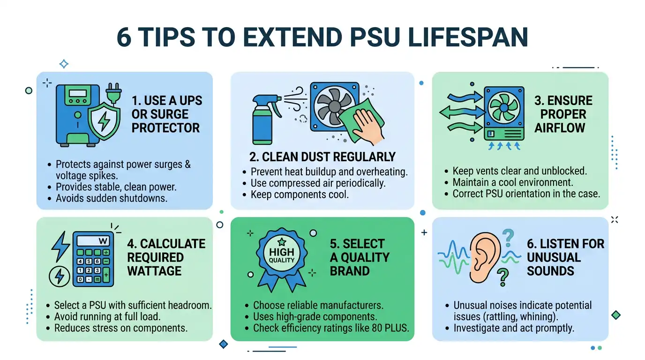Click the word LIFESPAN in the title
[468, 37]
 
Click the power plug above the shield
[113, 93]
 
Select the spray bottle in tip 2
[266, 120]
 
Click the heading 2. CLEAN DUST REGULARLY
[322, 157]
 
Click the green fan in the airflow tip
[504, 107]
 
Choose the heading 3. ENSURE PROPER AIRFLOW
[563, 114]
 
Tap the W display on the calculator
[92, 241]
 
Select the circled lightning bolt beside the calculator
[60, 276]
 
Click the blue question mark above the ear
[508, 238]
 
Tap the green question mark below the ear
[503, 277]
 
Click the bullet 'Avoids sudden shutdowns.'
[112, 198]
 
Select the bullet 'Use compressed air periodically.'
[318, 183]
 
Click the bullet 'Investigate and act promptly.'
[514, 328]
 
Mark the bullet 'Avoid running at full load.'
[107, 316]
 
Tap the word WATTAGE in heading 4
[154, 271]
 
